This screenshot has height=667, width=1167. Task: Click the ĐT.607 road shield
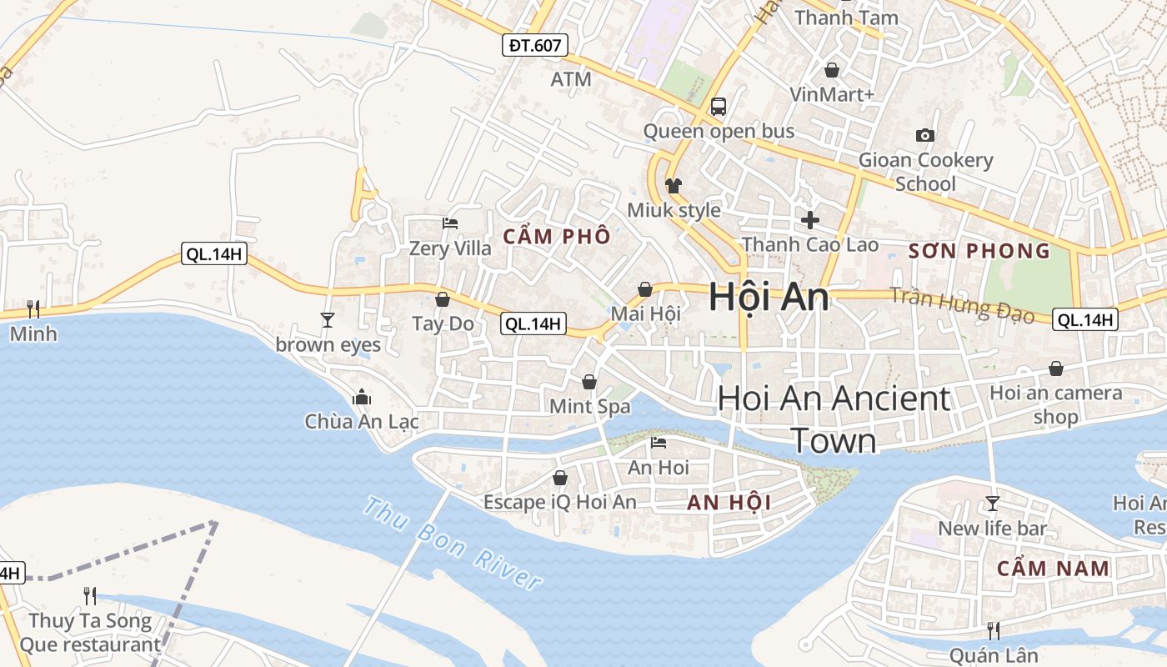pyautogui.click(x=535, y=45)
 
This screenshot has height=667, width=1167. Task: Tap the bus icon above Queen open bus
pyautogui.click(x=718, y=107)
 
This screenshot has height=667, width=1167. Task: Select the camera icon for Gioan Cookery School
pyautogui.click(x=924, y=135)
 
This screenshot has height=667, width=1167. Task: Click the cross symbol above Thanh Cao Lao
pyautogui.click(x=809, y=220)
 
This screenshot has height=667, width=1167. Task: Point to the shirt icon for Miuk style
pyautogui.click(x=673, y=185)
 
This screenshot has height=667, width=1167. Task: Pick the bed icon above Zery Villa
pyautogui.click(x=449, y=223)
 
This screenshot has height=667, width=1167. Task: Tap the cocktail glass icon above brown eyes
pyautogui.click(x=327, y=319)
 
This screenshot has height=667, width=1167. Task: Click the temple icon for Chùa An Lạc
pyautogui.click(x=361, y=397)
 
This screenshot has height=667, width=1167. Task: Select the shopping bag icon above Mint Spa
pyautogui.click(x=589, y=382)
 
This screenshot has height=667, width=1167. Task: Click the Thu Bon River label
pyautogui.click(x=453, y=543)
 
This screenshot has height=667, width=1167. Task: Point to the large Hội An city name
pyautogui.click(x=769, y=298)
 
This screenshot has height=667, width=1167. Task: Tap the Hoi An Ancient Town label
pyautogui.click(x=834, y=419)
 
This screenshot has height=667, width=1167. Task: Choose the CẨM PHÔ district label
pyautogui.click(x=557, y=237)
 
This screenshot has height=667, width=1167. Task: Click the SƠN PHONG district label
pyautogui.click(x=979, y=251)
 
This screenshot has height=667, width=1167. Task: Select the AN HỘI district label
pyautogui.click(x=729, y=503)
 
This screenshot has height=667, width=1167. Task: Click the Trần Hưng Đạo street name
pyautogui.click(x=962, y=305)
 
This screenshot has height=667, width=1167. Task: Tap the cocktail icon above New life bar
pyautogui.click(x=992, y=503)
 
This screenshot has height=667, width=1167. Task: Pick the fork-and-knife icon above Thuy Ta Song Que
pyautogui.click(x=90, y=595)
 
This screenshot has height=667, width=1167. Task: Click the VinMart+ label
pyautogui.click(x=832, y=94)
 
